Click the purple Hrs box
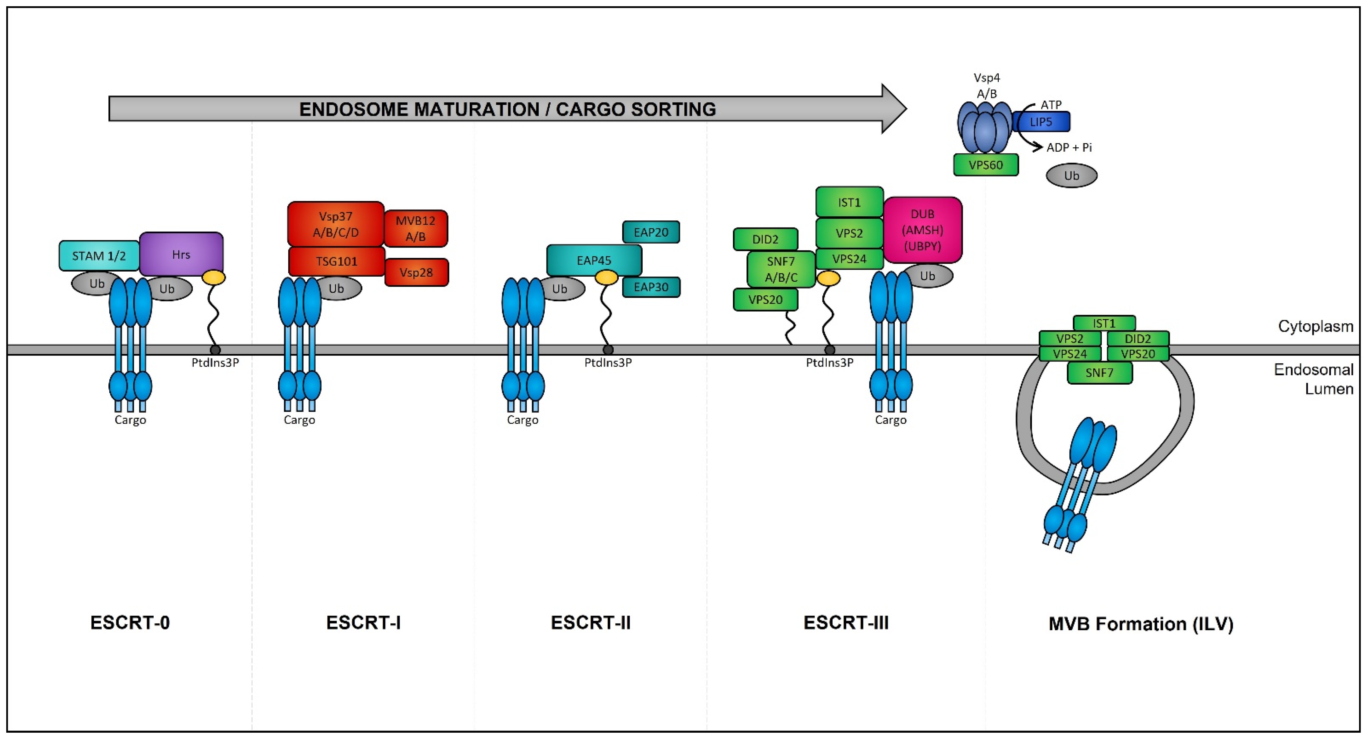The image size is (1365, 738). coord(181,254)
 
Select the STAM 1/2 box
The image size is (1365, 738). coord(99,256)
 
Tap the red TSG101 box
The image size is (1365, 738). coord(336,261)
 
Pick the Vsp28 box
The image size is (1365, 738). coord(417,272)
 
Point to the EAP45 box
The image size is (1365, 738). coord(594,260)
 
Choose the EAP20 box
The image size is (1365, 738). coord(651,232)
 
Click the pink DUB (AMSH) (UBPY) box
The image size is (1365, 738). coord(922,230)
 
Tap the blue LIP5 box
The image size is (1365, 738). coord(1041,122)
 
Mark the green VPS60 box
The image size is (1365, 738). coord(986,165)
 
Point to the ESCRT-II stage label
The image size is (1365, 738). coord(591,622)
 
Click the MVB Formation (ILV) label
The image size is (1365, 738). coord(1141,623)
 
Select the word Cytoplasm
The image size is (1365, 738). coord(1315,326)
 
